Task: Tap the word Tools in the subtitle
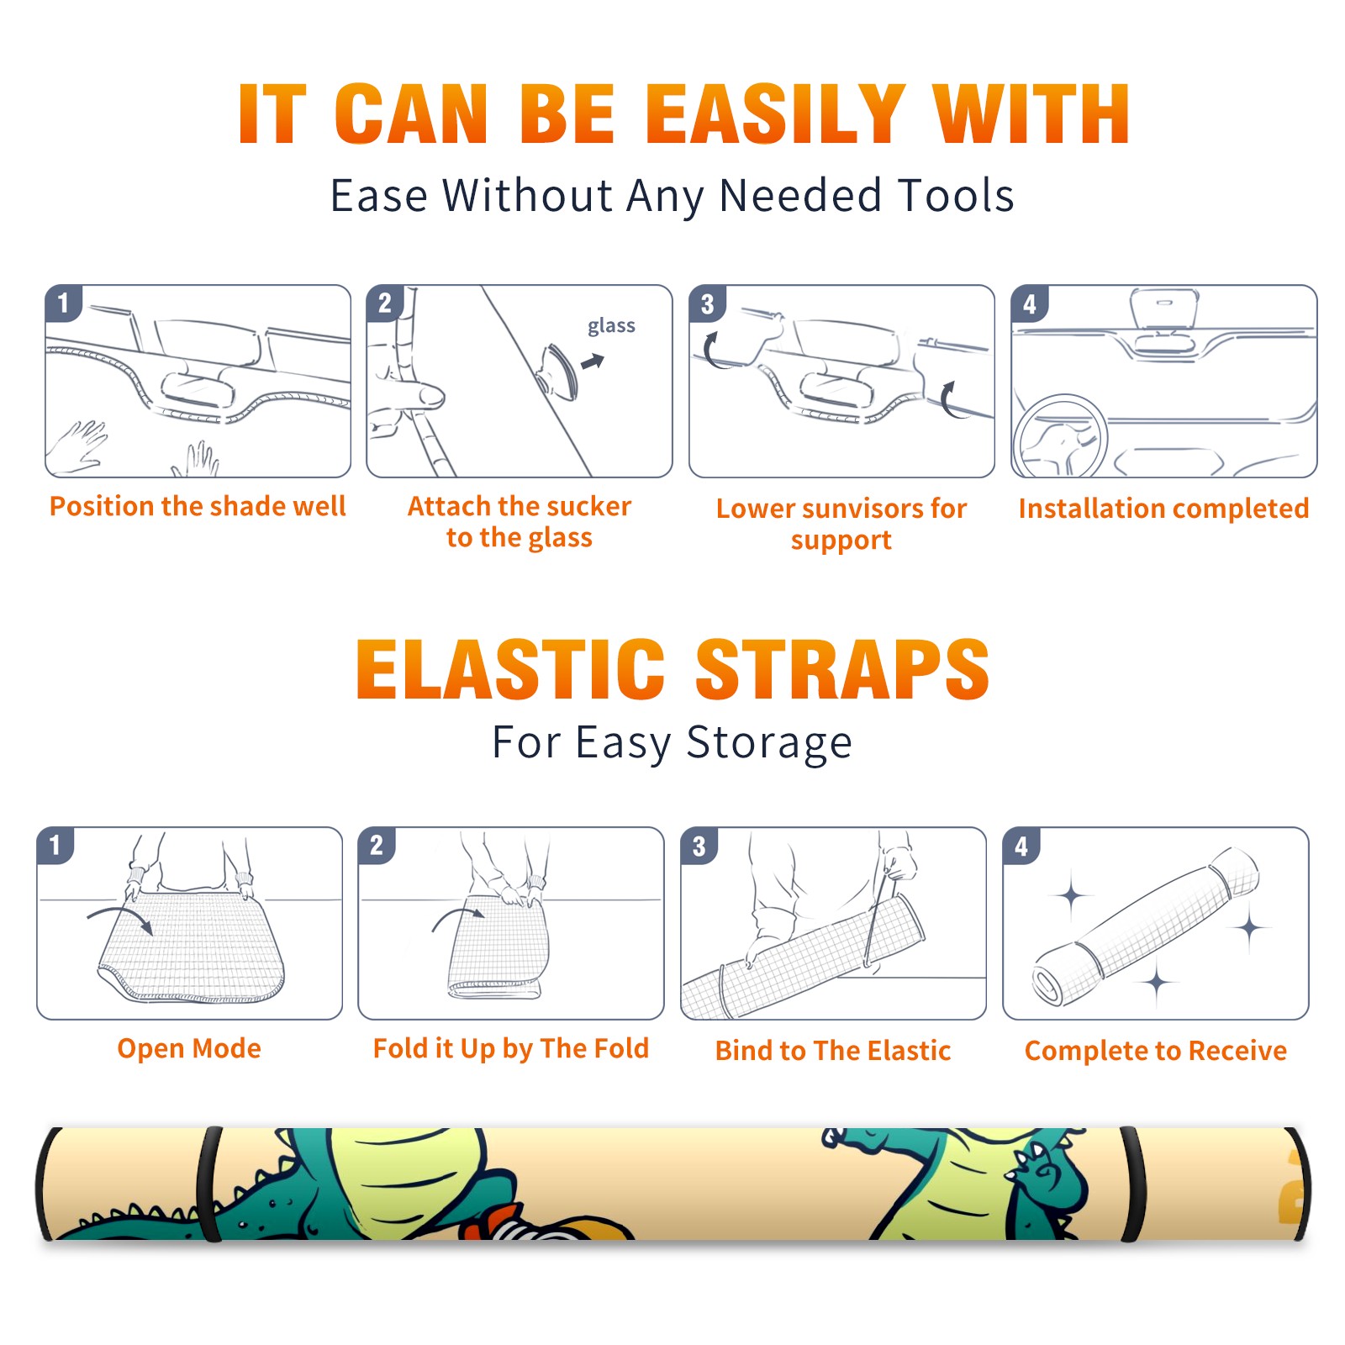[956, 196]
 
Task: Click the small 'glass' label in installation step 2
[611, 326]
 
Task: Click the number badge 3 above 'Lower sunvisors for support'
[707, 303]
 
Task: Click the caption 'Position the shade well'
[198, 506]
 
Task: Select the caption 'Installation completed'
[1163, 509]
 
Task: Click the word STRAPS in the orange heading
[842, 669]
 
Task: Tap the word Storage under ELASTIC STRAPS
[769, 743]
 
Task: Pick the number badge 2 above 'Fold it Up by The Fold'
[377, 846]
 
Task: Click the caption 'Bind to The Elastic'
[832, 1051]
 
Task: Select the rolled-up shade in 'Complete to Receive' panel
[1146, 927]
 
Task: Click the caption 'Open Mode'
[189, 1048]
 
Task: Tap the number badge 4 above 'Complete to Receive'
[1021, 846]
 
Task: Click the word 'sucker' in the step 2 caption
[587, 506]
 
